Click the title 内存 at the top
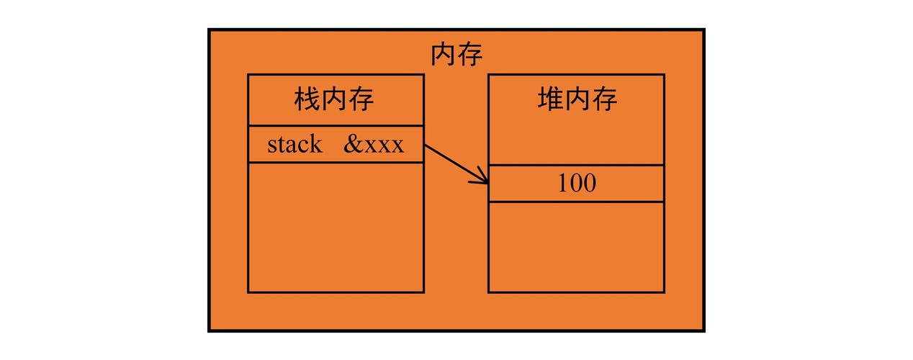point(456,55)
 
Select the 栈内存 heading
point(334,99)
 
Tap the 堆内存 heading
point(577,99)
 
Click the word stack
point(294,144)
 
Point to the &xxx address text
point(374,144)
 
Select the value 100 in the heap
point(577,184)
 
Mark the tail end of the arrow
point(426,146)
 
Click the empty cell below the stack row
point(335,227)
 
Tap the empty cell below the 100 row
point(576,246)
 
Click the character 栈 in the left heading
point(307,99)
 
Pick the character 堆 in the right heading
point(550,99)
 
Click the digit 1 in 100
point(564,184)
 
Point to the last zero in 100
point(589,184)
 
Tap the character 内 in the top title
point(443,55)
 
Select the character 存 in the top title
point(469,55)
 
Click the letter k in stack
point(316,144)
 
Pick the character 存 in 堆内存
point(604,99)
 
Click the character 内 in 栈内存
point(334,99)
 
